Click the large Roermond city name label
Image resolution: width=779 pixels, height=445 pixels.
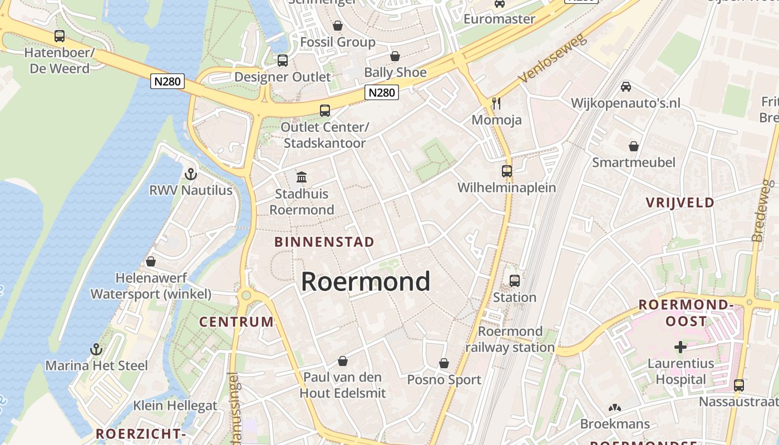366,281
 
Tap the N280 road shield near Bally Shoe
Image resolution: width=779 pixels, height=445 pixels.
382,92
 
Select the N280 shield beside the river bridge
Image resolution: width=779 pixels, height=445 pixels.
167,81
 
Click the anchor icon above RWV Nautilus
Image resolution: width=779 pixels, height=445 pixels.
191,174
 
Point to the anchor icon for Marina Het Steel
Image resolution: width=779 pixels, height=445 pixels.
96,349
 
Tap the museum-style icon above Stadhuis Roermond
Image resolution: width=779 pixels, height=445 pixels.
302,177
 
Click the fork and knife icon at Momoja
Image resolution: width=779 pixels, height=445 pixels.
496,103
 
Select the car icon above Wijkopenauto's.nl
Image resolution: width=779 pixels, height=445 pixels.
626,87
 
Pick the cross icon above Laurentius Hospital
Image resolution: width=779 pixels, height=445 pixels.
680,348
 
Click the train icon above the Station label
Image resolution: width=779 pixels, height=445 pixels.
515,281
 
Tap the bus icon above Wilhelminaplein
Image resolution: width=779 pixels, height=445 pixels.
506,171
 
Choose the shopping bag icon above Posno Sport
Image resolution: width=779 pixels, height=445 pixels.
443,364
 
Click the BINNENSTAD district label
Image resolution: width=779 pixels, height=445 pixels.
324,242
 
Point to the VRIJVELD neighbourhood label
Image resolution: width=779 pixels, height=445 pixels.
680,202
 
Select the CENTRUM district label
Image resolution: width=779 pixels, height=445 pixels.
236,322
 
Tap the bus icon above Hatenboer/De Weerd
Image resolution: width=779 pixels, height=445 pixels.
59,36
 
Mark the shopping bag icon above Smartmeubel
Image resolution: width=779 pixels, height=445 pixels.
633,146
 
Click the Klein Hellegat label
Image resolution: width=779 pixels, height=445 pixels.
175,406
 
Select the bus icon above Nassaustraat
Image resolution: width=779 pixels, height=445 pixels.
738,385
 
